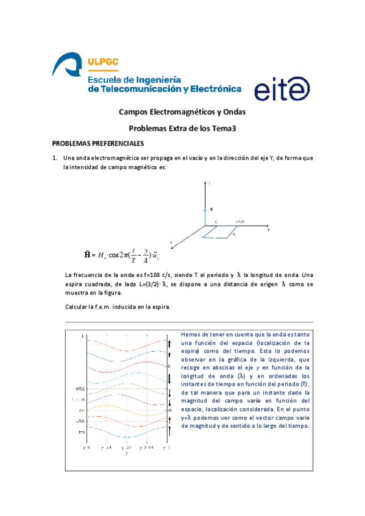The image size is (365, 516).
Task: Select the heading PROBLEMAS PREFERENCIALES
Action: point(97,144)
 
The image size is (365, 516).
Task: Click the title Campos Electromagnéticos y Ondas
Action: point(182,113)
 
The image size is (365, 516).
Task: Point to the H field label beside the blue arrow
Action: point(211,209)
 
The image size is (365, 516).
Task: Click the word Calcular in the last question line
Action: point(78,306)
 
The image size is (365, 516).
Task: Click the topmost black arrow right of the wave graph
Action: point(169,344)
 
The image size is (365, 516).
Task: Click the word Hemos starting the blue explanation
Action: point(192,334)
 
